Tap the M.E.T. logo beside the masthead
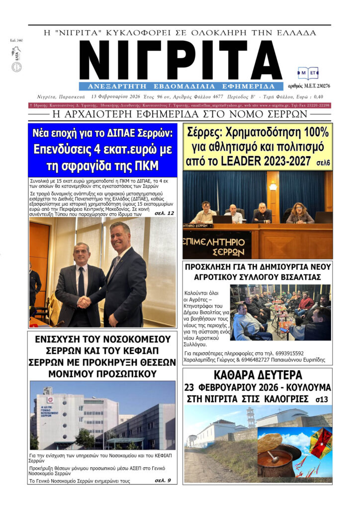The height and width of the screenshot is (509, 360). coord(308,74)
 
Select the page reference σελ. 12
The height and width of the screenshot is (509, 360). coord(164,213)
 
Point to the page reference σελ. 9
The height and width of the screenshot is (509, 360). coord(163,480)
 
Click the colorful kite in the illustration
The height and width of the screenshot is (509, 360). coord(320,443)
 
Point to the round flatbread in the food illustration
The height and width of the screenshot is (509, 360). coord(270,442)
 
